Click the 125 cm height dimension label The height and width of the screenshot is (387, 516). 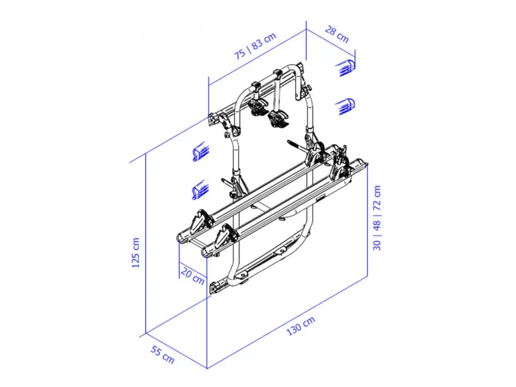(136, 253)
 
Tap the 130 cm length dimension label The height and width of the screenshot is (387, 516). (301, 325)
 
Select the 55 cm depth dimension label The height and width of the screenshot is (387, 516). (162, 355)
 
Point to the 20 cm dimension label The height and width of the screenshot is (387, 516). (193, 277)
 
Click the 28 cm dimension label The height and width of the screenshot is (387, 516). (337, 34)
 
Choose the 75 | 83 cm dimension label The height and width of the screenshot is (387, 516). (255, 46)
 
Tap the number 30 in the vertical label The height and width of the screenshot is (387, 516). (377, 244)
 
